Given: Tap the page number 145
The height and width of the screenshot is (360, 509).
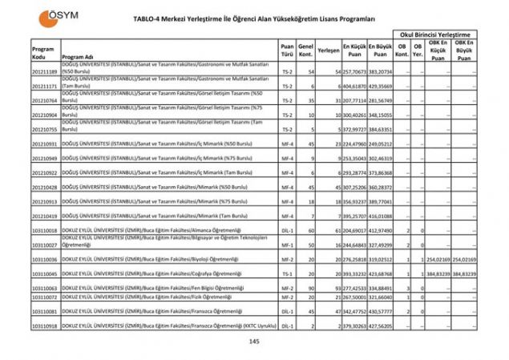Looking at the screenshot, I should point(254,342).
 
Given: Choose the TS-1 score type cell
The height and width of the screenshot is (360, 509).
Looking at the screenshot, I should point(287,273).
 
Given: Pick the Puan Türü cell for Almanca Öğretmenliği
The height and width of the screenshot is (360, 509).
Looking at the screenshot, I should point(287,230).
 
